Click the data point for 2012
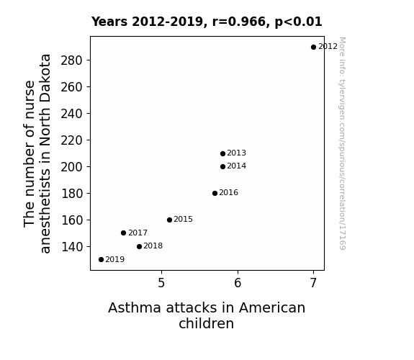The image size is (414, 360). click(x=313, y=48)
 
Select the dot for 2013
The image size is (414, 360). click(x=222, y=153)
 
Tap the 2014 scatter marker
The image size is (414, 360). click(x=222, y=166)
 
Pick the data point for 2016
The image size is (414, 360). click(x=215, y=194)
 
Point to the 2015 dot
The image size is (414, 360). click(x=169, y=220)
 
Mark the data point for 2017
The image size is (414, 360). click(x=123, y=233)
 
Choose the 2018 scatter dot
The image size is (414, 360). click(x=139, y=246)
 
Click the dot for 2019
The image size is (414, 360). click(x=101, y=260)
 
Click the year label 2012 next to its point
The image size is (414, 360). click(x=328, y=47)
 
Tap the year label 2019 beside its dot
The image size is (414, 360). click(x=115, y=259)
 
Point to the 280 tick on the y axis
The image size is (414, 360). click(x=71, y=60)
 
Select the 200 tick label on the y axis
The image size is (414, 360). click(x=71, y=167)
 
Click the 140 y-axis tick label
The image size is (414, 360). click(x=72, y=247)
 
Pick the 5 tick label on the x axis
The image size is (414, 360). click(x=161, y=283)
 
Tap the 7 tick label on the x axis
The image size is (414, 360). click(x=313, y=283)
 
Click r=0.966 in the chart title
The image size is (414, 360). click(x=240, y=22)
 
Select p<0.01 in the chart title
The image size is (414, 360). click(x=299, y=22)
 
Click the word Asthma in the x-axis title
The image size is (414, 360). click(x=135, y=307)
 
